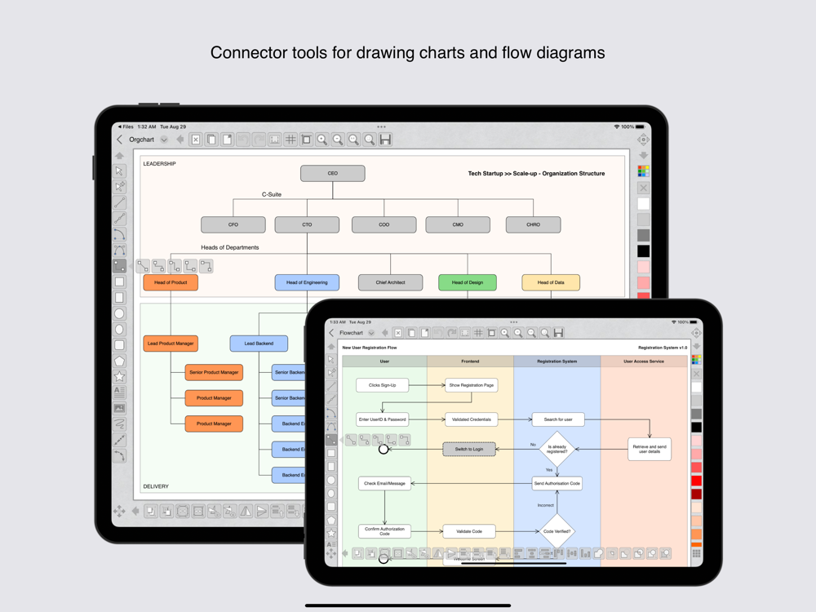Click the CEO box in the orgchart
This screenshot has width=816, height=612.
pyautogui.click(x=332, y=173)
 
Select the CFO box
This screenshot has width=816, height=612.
pyautogui.click(x=233, y=224)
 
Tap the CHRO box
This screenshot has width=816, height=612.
pyautogui.click(x=533, y=224)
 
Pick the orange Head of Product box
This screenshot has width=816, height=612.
pyautogui.click(x=171, y=282)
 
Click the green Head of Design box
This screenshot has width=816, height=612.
pyautogui.click(x=467, y=282)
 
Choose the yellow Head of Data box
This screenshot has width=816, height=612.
pyautogui.click(x=551, y=282)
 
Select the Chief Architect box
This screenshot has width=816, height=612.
pyautogui.click(x=390, y=282)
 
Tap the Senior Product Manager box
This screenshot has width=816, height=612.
pyautogui.click(x=214, y=372)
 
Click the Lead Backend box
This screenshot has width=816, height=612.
pyautogui.click(x=259, y=344)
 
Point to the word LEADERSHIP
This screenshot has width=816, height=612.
pyautogui.click(x=160, y=164)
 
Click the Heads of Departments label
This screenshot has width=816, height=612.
pyautogui.click(x=230, y=247)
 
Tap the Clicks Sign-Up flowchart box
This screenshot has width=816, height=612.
pyautogui.click(x=382, y=384)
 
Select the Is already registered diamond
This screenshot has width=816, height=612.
pyautogui.click(x=557, y=449)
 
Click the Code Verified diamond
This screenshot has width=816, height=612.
pyautogui.click(x=557, y=531)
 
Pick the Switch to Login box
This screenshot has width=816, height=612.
pyautogui.click(x=469, y=449)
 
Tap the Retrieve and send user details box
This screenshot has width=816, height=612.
pyautogui.click(x=650, y=449)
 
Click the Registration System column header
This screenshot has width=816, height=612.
pyautogui.click(x=557, y=361)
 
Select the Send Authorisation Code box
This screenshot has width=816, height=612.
pyautogui.click(x=557, y=483)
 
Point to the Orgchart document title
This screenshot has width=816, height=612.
pyautogui.click(x=142, y=140)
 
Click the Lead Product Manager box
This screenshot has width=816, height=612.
pyautogui.click(x=171, y=344)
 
